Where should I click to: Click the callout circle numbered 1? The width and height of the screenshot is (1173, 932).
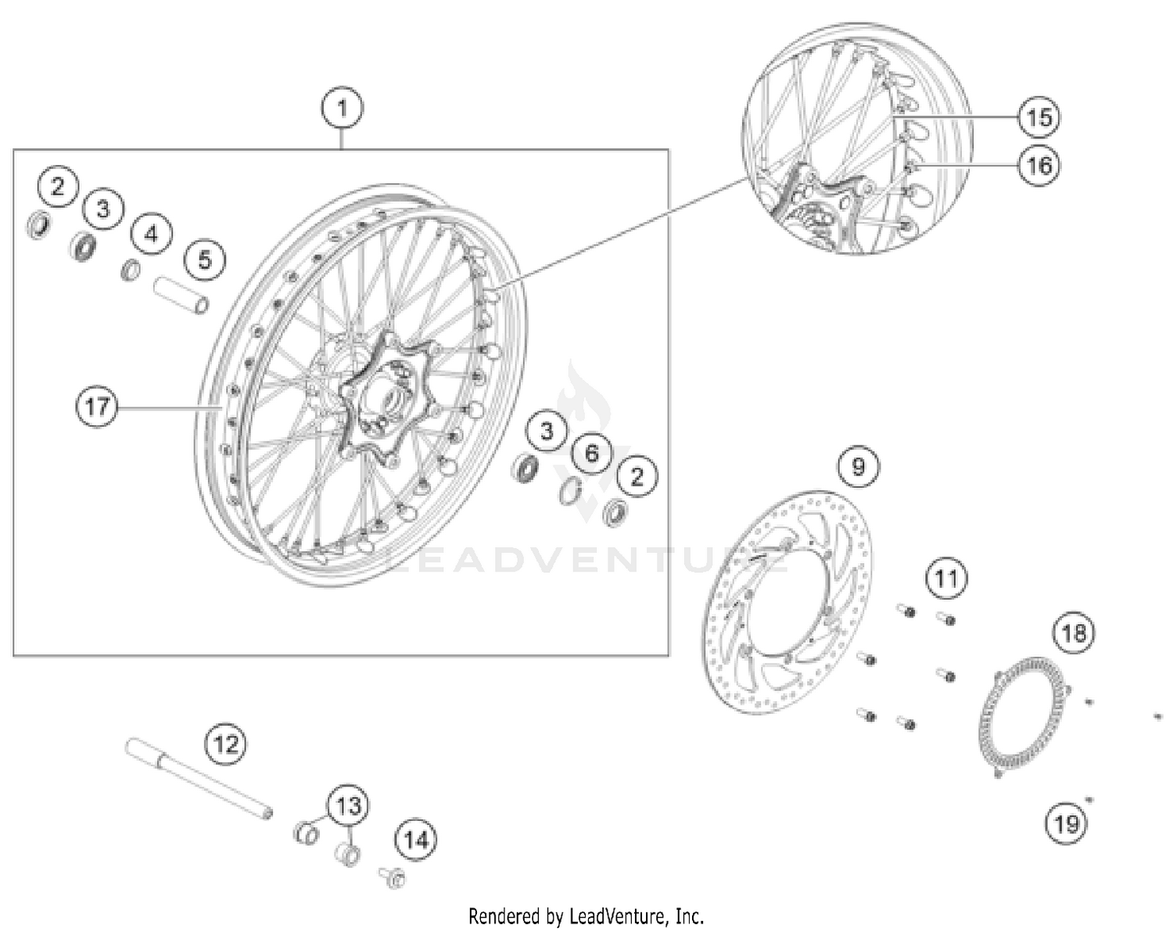342,108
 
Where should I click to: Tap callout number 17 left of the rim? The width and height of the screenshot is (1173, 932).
97,407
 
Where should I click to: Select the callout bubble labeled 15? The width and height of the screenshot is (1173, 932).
1039,117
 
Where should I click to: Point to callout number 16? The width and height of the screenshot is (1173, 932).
1039,165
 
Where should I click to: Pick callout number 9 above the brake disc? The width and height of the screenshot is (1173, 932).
858,467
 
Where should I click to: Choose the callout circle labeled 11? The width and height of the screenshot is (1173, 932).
946,579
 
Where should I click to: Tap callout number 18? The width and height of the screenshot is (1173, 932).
1074,632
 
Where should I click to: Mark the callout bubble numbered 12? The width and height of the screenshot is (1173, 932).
226,743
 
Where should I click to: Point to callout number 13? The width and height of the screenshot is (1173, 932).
348,805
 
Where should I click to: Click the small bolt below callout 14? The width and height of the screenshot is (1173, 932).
393,877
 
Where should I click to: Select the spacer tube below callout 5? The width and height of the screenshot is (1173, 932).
181,295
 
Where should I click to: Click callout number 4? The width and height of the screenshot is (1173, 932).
151,234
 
